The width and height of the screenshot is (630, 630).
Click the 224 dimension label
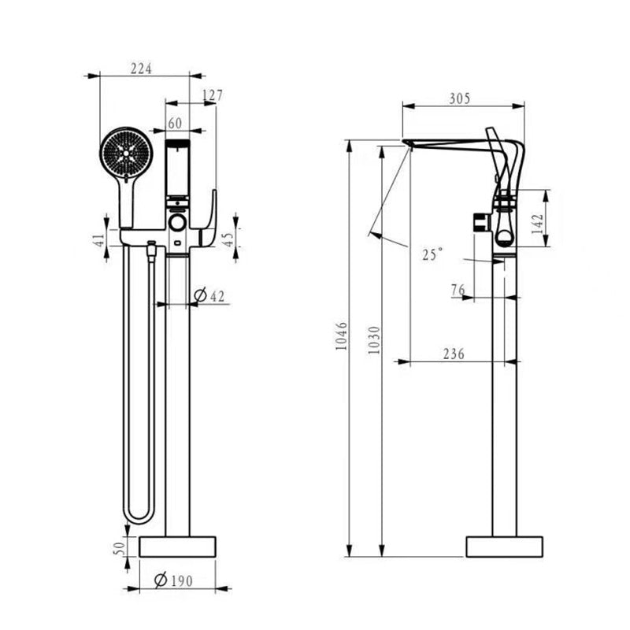pos(140,69)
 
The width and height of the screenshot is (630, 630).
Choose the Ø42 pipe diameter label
pos(209,295)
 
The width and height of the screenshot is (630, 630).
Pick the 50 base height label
pos(119,547)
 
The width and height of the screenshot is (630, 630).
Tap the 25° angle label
pos(432,254)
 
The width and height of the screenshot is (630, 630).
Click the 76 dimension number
pos(458,291)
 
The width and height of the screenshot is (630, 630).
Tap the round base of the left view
pos(177,547)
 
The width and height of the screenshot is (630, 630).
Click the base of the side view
pos(505,547)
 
